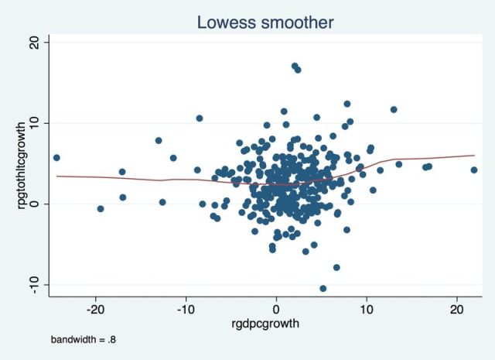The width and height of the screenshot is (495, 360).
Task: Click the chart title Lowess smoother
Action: tap(265, 22)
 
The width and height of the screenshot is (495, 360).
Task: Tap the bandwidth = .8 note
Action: tap(84, 340)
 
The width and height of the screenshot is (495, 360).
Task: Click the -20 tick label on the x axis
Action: tap(94, 309)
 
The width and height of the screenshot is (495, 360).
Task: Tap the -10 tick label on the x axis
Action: tap(186, 309)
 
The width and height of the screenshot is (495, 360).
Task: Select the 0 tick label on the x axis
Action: tap(276, 309)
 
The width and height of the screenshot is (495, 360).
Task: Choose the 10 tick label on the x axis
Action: tap(367, 309)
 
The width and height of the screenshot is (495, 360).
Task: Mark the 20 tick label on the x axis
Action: tap(457, 309)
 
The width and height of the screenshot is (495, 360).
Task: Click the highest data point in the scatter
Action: tap(295, 66)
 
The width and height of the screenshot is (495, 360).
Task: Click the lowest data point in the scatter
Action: tap(323, 288)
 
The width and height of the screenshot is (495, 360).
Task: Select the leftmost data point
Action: tap(56, 158)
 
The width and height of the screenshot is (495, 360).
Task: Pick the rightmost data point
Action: tap(474, 170)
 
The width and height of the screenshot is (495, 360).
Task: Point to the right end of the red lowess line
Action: tap(474, 155)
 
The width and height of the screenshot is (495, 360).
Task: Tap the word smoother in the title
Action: tap(298, 22)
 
